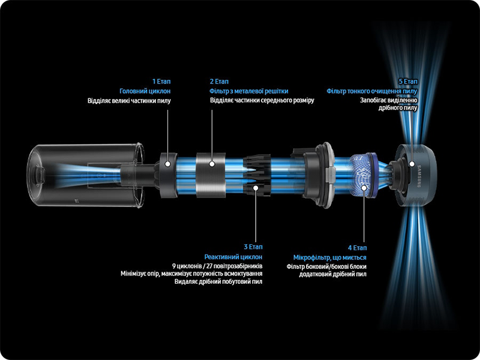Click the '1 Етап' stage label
pos(161,82)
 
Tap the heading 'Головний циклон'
pos(145,91)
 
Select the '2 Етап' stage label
pos(219,82)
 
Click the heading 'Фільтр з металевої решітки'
pos(249,91)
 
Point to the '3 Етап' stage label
pos(253,247)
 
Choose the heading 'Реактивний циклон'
pos(233,257)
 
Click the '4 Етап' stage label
pos(357,248)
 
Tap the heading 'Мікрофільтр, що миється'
pos(329,257)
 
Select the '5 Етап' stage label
pos(408,82)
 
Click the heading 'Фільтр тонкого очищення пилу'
pos(372,91)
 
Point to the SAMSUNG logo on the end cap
pos(419,176)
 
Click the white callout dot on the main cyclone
pos(167,164)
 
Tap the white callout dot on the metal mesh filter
pos(212,164)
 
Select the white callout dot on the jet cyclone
pos(256,187)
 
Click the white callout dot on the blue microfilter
pos(364,188)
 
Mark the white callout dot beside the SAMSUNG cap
pos(412,164)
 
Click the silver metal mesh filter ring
pos(211,175)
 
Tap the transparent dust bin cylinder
pos(86,175)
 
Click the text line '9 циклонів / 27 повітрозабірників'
pos(217,266)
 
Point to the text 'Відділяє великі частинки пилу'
pos(129,101)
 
